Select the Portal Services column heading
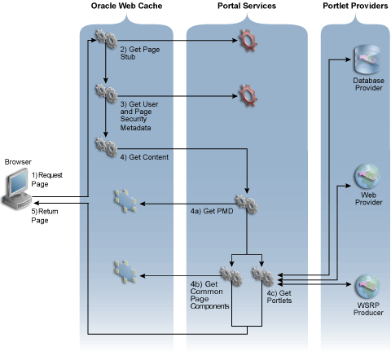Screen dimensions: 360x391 pos(245,7)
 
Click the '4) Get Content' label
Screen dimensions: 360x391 pos(144,156)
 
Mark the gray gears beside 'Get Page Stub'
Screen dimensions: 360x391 pos(104,37)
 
